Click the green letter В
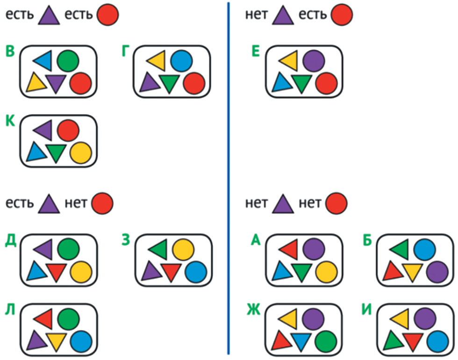[x=10, y=51]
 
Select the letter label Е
[x=256, y=51]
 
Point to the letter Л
[x=10, y=310]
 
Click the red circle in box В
[x=80, y=84]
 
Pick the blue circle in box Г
[x=181, y=60]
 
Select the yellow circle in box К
[x=80, y=153]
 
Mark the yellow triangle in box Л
[x=56, y=342]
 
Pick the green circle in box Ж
[x=326, y=342]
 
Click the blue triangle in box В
[x=43, y=60]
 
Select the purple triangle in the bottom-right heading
[x=282, y=204]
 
